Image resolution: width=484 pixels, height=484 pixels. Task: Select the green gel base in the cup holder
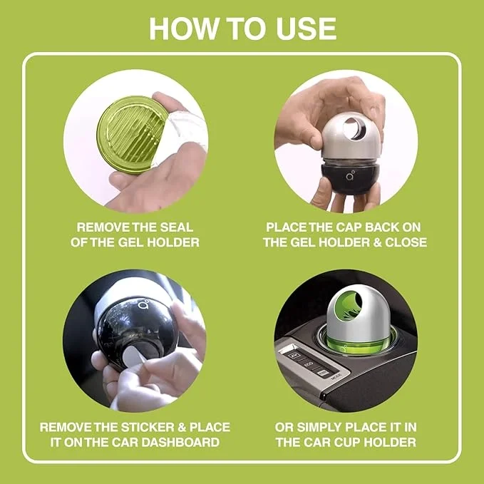click(343, 336)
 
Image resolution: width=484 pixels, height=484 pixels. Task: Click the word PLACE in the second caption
click(287, 227)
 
